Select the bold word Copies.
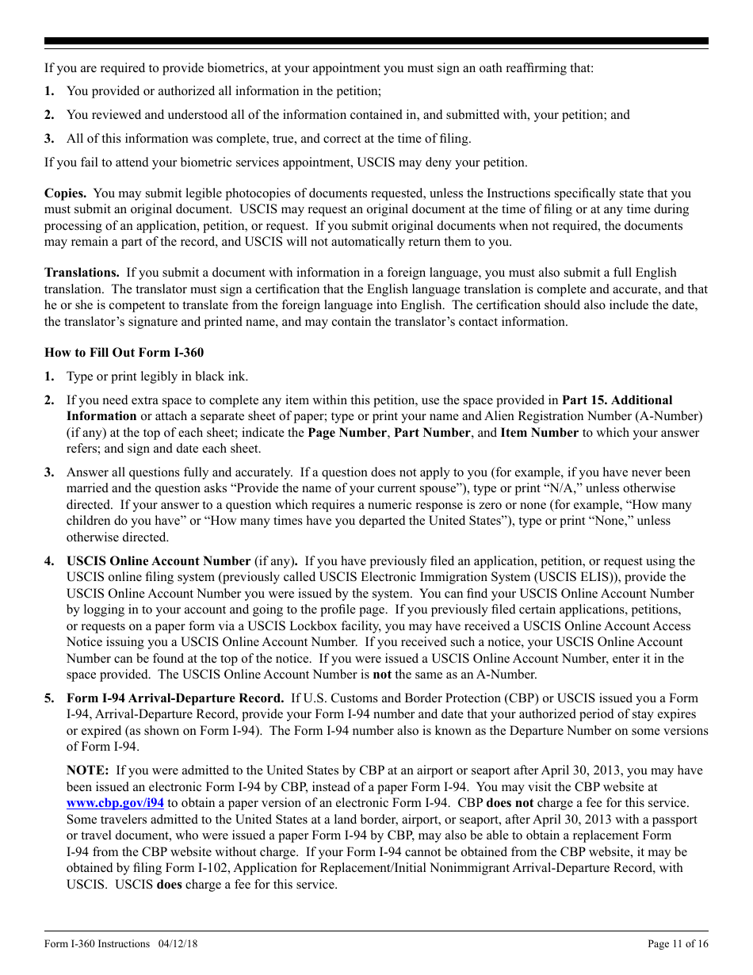[66, 193]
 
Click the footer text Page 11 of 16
[678, 943]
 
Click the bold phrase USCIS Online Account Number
[159, 561]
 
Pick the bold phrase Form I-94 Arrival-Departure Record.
[175, 698]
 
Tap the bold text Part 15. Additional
[617, 400]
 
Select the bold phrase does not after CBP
[510, 803]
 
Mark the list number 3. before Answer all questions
[49, 472]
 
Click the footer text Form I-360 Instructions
[97, 943]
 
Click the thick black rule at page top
[376, 41]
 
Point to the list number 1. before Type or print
[49, 377]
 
